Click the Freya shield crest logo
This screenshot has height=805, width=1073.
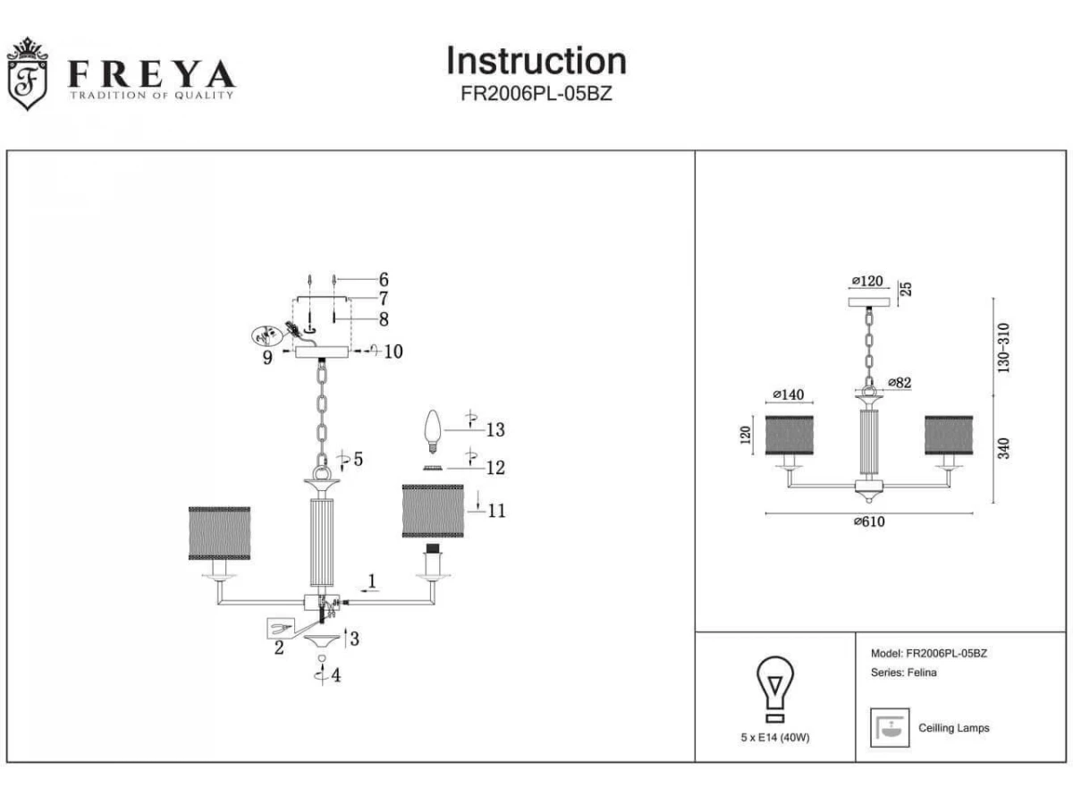tap(26, 75)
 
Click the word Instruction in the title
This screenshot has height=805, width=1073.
tap(536, 61)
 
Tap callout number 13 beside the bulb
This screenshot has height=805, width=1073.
tap(494, 430)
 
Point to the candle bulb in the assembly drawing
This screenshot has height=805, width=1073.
tap(433, 429)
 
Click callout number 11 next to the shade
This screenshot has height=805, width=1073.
tap(497, 511)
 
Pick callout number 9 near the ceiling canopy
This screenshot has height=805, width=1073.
tap(267, 359)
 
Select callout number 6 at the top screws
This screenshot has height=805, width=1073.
tap(383, 280)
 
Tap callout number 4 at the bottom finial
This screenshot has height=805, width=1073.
tap(335, 676)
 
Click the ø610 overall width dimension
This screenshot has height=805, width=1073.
tap(868, 522)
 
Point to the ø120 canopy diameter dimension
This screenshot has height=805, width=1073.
tap(866, 281)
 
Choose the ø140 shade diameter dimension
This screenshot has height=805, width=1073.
tap(788, 394)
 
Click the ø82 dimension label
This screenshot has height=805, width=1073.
tap(899, 383)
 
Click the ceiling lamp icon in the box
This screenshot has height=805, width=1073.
tap(890, 728)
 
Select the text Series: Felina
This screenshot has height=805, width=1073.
tap(903, 673)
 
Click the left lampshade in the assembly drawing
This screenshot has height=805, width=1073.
tap(219, 533)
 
